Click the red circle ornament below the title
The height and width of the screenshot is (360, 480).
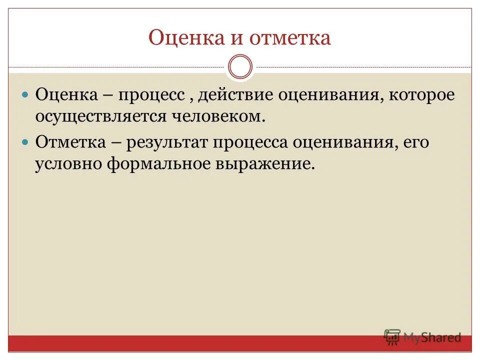240,67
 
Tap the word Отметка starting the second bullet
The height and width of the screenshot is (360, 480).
70,142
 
